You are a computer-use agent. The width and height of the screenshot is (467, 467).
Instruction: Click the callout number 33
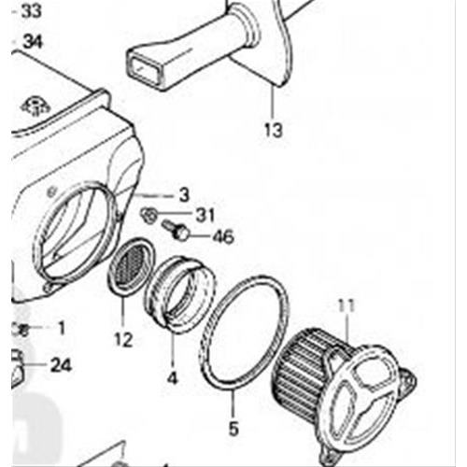pos(31,11)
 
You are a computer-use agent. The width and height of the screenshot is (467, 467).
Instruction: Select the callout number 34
pos(33,41)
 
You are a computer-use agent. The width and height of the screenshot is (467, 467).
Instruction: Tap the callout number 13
pos(274,130)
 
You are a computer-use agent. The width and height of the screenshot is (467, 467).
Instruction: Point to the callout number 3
pos(184,195)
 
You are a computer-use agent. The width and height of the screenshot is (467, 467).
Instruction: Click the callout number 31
pos(205,215)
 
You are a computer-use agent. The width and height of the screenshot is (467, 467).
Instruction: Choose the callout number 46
pos(223,236)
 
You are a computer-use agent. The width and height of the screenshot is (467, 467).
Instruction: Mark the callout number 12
pos(123,339)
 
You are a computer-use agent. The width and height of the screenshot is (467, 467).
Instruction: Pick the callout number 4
pos(172,378)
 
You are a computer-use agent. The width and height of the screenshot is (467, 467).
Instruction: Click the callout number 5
pos(233,428)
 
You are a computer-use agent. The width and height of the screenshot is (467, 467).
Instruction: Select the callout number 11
pos(347,306)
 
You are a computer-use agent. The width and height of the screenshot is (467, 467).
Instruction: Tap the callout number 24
pos(61,365)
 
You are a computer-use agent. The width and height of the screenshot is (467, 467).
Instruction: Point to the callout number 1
pos(62,328)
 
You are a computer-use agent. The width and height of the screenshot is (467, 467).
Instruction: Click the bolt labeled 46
pos(175,230)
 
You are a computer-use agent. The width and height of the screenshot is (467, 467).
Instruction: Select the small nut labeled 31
pos(149,215)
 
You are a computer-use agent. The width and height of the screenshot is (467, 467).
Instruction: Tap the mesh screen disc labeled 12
pos(131,265)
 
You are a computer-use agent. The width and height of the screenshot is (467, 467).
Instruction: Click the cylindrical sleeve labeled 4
pos(180,294)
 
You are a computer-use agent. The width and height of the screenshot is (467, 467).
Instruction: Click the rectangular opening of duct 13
pos(145,69)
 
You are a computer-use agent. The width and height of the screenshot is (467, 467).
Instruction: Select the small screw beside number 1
pos(21,330)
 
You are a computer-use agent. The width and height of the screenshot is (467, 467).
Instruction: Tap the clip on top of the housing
pos(35,106)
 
